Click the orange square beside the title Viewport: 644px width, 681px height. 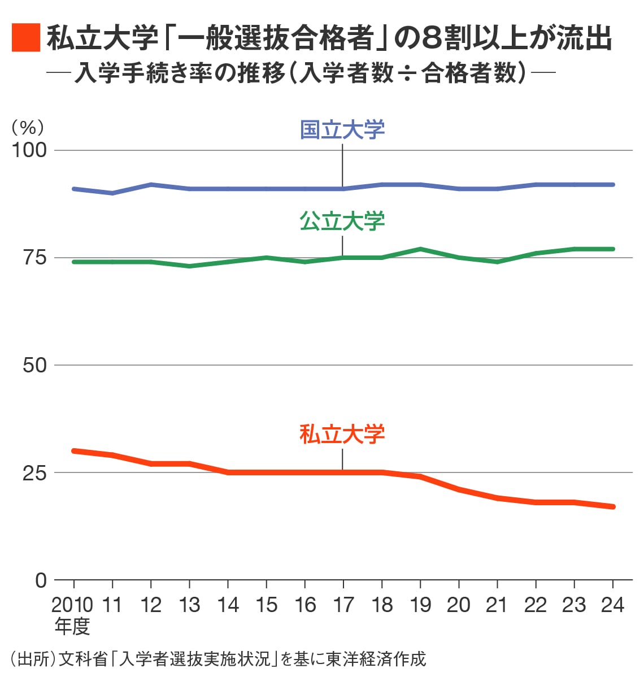point(25,38)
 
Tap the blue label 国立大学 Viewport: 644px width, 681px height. point(342,129)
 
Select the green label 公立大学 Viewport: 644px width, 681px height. point(342,221)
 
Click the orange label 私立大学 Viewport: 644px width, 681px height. point(342,434)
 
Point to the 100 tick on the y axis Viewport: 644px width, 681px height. point(29,150)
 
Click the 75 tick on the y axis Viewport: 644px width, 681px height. point(34,258)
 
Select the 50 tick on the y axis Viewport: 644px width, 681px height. point(34,365)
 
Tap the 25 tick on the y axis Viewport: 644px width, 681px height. point(34,472)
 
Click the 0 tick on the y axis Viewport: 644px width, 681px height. point(41,580)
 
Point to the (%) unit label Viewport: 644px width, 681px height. point(28,127)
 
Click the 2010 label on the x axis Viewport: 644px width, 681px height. point(72,605)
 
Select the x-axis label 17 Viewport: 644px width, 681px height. point(343,605)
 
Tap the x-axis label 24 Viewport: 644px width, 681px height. point(612,605)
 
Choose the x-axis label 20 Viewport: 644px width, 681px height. point(458,605)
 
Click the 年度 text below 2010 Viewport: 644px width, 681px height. point(72,626)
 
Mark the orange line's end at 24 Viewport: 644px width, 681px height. point(613,506)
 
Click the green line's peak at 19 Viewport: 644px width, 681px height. point(420,249)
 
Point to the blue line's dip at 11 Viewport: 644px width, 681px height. point(112,193)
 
